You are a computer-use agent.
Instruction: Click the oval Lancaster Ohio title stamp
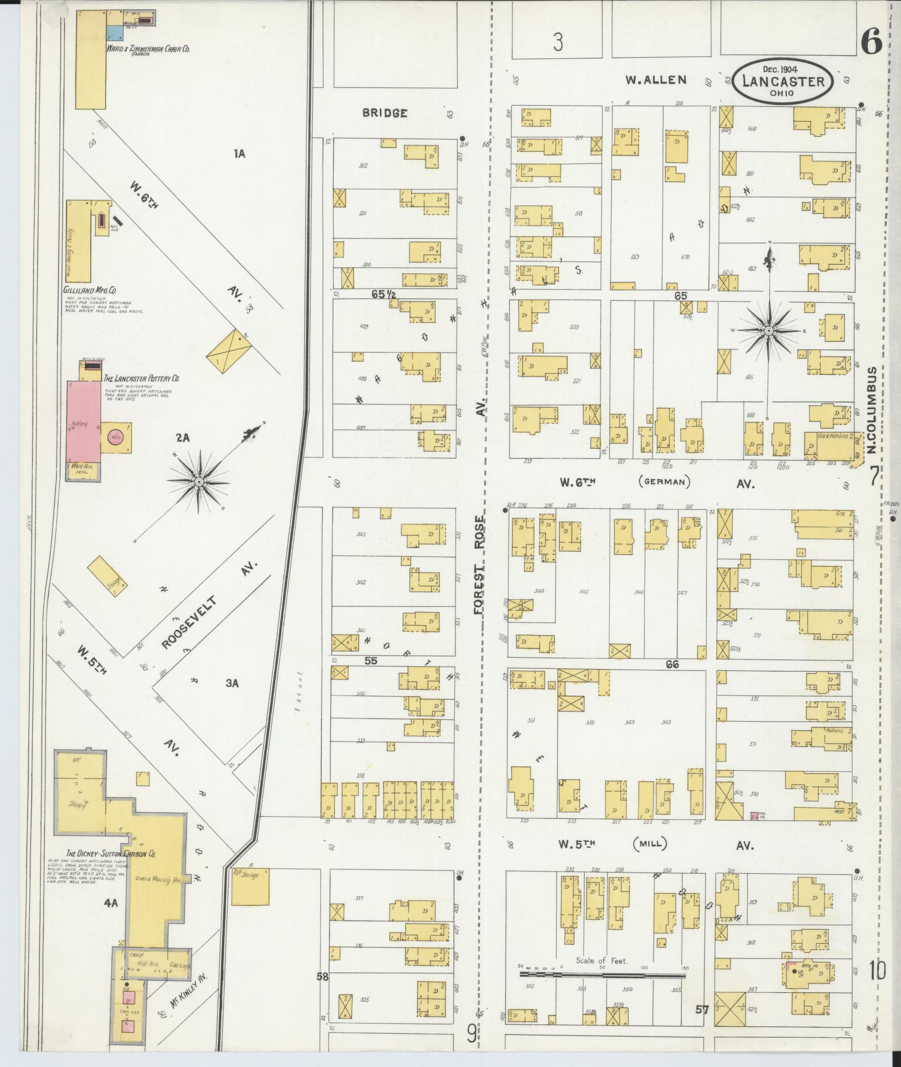coord(783,81)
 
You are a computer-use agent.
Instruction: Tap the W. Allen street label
coord(656,80)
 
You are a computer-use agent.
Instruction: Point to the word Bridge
coord(385,113)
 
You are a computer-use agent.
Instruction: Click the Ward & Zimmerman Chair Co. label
coord(148,49)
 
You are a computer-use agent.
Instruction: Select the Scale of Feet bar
coord(602,973)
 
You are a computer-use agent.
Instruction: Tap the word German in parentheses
coord(664,482)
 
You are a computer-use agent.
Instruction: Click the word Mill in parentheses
coord(650,844)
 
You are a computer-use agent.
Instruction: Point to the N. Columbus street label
coord(873,410)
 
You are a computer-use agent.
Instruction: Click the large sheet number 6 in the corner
coord(871,42)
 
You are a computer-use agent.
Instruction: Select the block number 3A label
coord(231,683)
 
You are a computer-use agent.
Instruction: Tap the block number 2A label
coord(183,437)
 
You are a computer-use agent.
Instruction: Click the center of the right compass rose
coord(769,331)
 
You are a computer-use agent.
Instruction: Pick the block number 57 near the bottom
coord(702,1010)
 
